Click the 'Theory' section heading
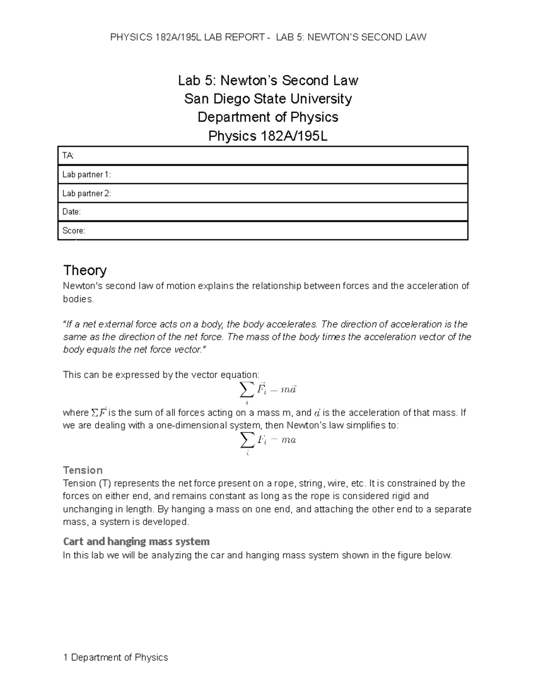coord(85,270)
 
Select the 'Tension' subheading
coord(83,470)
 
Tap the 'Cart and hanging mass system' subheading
coord(136,542)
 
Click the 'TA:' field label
coord(68,156)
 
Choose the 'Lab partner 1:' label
coord(86,175)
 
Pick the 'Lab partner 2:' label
coord(86,193)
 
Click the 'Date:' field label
coord(71,212)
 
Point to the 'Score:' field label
coord(73,231)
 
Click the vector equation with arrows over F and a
coord(268,391)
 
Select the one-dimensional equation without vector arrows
coord(268,441)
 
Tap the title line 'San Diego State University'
coord(268,99)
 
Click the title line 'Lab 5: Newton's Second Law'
coord(268,80)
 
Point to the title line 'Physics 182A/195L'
coord(268,136)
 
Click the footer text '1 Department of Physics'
coord(116,657)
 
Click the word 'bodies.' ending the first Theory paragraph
coord(79,299)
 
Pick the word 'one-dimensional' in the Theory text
coord(191,425)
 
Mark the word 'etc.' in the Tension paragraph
coord(359,483)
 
